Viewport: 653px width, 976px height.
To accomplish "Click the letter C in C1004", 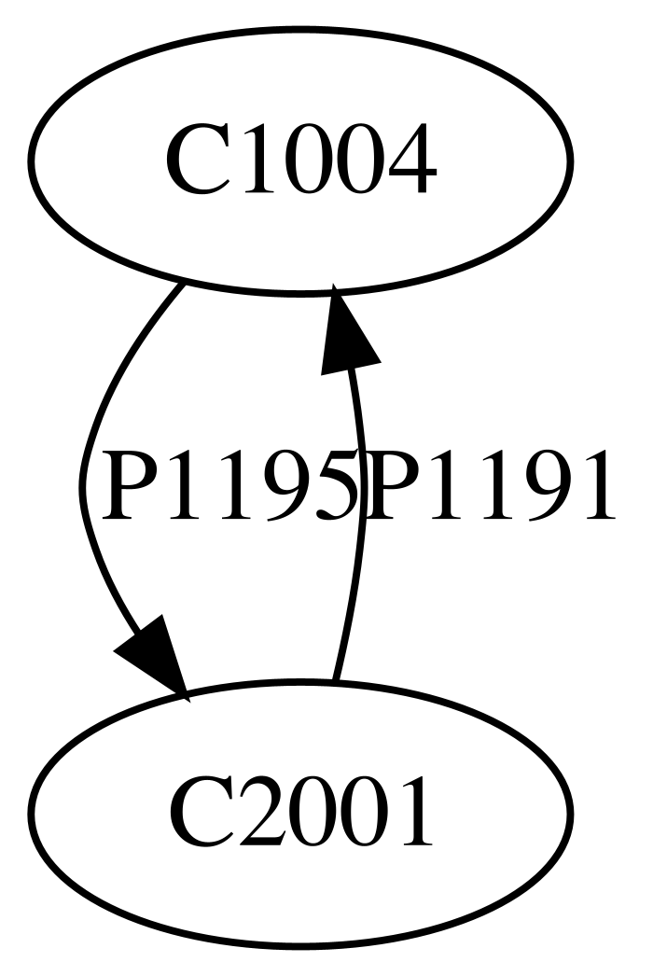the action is pyautogui.click(x=195, y=160).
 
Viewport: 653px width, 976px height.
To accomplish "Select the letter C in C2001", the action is pyautogui.click(x=195, y=812).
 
